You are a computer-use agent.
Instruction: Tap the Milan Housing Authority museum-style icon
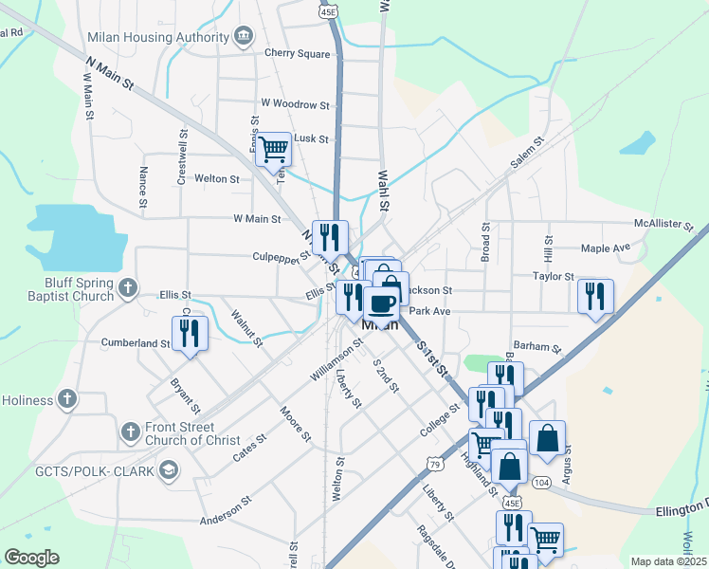tap(244, 36)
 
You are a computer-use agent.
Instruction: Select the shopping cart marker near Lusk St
tap(273, 148)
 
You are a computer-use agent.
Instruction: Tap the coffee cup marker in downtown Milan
tap(381, 303)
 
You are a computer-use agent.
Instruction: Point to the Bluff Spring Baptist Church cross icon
tap(128, 287)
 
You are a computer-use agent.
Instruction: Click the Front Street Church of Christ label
tap(193, 433)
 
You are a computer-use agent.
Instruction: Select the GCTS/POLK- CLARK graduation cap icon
tap(169, 469)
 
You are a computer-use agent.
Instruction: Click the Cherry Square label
tap(298, 53)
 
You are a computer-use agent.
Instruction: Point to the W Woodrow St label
tap(295, 104)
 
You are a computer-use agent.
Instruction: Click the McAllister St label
tap(665, 224)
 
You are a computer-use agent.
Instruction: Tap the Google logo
tap(31, 558)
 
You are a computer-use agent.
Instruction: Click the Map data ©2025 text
tap(669, 561)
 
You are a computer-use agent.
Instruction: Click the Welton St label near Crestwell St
tap(217, 178)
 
